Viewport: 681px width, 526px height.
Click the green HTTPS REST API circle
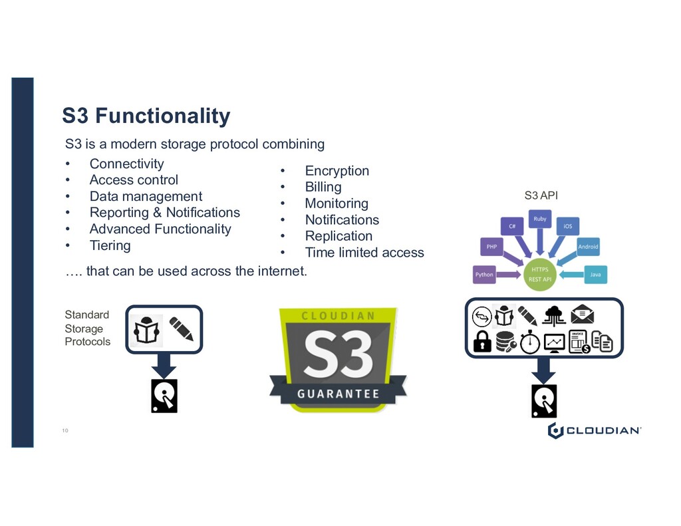(540, 273)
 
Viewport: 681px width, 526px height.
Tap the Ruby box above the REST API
(539, 218)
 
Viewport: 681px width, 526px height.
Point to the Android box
(587, 247)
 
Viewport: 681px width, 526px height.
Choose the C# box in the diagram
(513, 226)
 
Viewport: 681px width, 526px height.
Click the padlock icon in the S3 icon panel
(481, 342)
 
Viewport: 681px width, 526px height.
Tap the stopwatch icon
(530, 342)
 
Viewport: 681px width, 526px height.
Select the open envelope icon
(582, 314)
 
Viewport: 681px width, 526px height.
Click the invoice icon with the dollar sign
(579, 342)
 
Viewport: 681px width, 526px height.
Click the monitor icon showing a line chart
(554, 342)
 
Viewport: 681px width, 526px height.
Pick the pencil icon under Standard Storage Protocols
(181, 329)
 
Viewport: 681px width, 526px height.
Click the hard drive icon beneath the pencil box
(164, 396)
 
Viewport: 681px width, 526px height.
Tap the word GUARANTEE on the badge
(338, 393)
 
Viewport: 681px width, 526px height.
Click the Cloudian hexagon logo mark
(555, 431)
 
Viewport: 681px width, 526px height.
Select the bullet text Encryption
(337, 171)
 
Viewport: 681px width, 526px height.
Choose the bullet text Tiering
(110, 245)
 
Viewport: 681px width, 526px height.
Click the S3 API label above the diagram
(541, 196)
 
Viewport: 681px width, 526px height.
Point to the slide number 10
(65, 431)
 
